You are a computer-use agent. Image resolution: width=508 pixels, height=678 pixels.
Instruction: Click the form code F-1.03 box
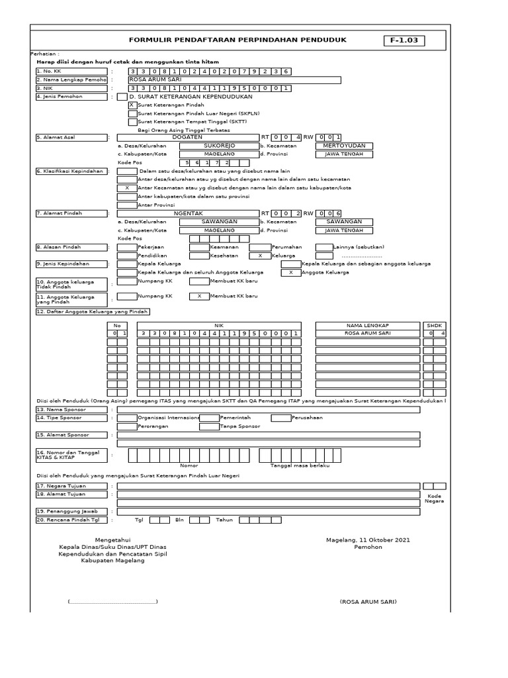pyautogui.click(x=404, y=41)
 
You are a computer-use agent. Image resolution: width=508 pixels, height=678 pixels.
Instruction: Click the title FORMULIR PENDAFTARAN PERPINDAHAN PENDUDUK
pyautogui.click(x=237, y=40)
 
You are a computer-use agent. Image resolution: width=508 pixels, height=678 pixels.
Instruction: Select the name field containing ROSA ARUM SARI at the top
pyautogui.click(x=234, y=79)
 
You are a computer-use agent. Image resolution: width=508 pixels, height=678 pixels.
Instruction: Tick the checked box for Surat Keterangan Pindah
pyautogui.click(x=132, y=105)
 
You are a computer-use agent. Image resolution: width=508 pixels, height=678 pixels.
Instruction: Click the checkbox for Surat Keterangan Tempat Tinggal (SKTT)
pyautogui.click(x=132, y=122)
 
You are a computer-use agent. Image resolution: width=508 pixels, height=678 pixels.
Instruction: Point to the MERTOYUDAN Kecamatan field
pyautogui.click(x=344, y=146)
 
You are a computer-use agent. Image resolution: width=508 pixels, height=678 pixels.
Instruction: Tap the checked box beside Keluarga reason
pyautogui.click(x=260, y=256)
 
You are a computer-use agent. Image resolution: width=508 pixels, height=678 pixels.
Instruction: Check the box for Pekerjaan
pyautogui.click(x=126, y=247)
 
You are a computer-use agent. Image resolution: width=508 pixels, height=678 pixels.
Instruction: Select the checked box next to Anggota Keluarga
pyautogui.click(x=291, y=272)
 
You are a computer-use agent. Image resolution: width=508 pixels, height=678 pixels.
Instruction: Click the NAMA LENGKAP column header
pyautogui.click(x=368, y=325)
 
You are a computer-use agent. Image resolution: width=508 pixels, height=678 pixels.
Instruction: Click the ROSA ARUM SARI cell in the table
pyautogui.click(x=368, y=333)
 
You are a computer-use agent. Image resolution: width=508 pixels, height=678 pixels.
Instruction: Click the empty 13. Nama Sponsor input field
pyautogui.click(x=268, y=410)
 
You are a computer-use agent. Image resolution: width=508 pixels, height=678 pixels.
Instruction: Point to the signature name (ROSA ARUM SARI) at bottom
pyautogui.click(x=368, y=602)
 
